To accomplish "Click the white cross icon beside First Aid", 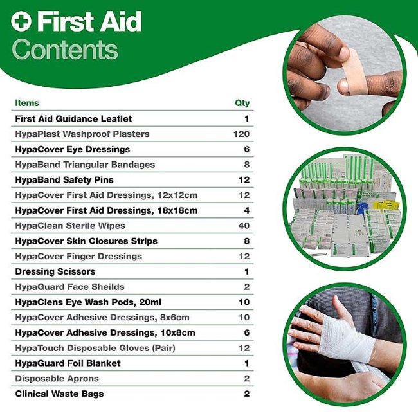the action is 21,21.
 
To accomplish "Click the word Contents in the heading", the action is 65,50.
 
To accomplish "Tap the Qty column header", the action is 242,103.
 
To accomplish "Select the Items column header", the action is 27,103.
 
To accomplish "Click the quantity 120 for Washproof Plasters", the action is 241,134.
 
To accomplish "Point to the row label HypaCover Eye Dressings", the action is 73,150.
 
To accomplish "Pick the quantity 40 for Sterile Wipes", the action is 244,226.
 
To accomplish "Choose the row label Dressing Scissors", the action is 55,271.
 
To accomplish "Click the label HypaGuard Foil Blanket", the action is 68,363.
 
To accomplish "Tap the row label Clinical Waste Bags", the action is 59,394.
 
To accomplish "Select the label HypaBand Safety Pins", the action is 64,180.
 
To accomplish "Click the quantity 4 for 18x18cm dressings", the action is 247,210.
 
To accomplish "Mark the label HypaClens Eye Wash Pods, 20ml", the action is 88,302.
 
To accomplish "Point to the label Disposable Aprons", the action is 57,379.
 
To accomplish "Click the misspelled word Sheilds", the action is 108,287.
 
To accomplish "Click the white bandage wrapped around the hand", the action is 347,338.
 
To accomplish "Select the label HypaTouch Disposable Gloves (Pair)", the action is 95,348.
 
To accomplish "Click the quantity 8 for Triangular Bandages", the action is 247,165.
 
